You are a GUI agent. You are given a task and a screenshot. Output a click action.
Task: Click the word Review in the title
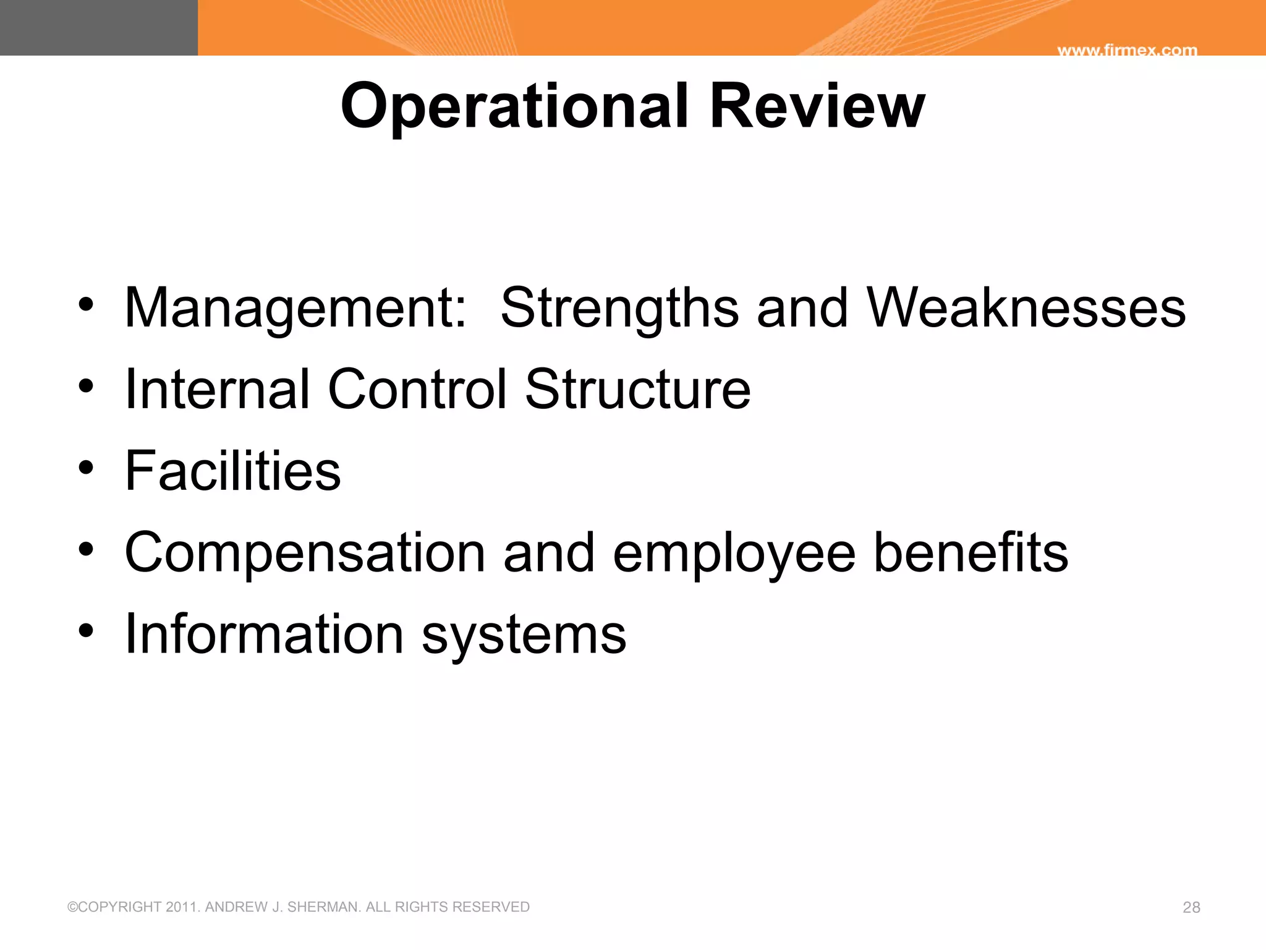point(817,106)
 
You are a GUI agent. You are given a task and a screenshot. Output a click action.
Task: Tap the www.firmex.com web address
point(1127,50)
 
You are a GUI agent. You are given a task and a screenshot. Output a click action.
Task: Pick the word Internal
point(217,389)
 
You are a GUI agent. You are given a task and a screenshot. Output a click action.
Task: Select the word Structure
point(638,389)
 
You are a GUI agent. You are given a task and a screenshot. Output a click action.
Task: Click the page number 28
point(1191,907)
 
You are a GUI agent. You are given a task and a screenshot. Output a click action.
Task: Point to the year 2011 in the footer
point(182,907)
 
